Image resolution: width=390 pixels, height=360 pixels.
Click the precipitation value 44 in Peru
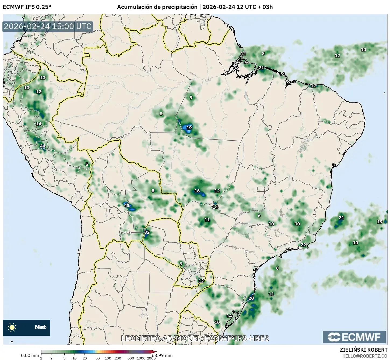click(x=43, y=146)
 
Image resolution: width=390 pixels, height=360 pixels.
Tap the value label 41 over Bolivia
click(x=127, y=205)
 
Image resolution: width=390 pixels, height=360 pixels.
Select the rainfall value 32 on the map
click(x=147, y=232)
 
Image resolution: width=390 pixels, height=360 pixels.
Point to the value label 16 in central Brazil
click(x=197, y=191)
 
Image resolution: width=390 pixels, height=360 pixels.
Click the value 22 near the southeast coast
click(x=303, y=245)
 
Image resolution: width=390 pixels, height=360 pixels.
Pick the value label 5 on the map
click(x=87, y=164)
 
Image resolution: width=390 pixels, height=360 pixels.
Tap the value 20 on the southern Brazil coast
click(x=251, y=298)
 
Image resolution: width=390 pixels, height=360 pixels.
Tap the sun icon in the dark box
click(x=12, y=327)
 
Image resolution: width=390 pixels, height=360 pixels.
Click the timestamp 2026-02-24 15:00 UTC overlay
click(x=48, y=27)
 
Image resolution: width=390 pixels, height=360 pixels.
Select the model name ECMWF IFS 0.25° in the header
click(x=27, y=7)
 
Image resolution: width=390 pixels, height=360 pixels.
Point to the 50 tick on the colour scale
click(x=98, y=358)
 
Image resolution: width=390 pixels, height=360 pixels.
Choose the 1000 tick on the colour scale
click(x=141, y=358)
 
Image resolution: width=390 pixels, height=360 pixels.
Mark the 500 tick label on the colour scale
click(x=131, y=358)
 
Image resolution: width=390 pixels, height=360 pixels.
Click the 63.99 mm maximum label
click(x=162, y=355)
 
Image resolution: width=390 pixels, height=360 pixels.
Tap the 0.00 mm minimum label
click(x=30, y=355)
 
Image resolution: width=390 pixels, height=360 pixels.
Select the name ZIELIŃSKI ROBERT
click(x=364, y=350)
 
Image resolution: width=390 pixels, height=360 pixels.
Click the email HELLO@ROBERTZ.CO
click(x=365, y=356)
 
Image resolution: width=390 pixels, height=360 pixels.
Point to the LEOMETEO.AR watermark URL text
click(x=195, y=338)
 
